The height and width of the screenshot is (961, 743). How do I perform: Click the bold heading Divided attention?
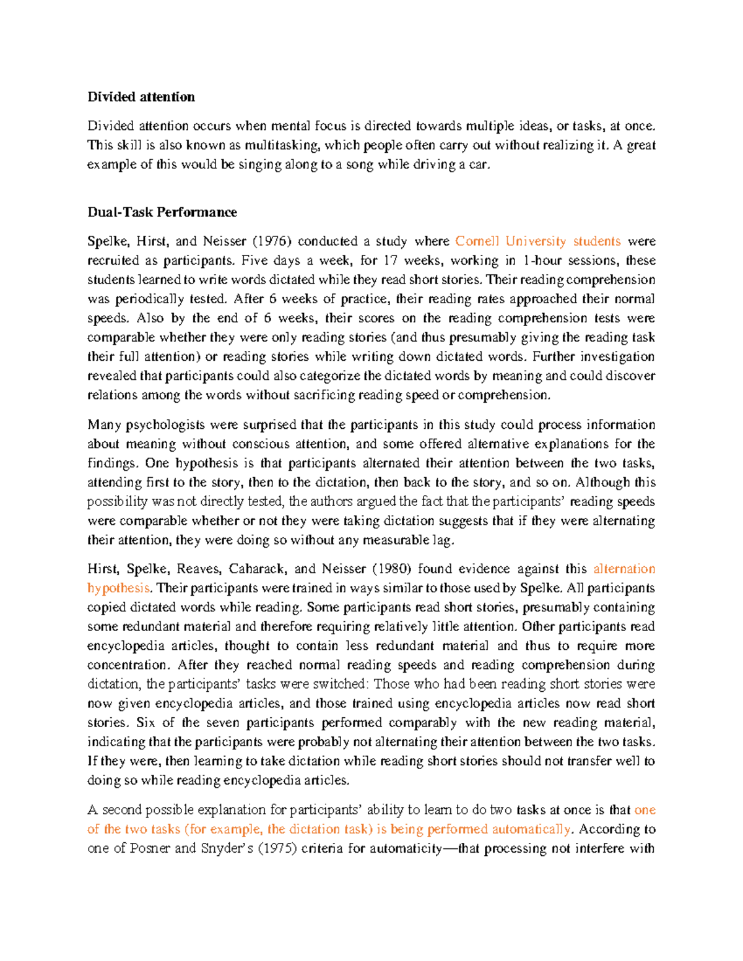click(141, 97)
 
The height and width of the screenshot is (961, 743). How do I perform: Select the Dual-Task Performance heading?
click(162, 212)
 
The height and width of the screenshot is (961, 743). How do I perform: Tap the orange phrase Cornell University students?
click(537, 241)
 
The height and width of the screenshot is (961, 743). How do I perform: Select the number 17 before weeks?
click(391, 260)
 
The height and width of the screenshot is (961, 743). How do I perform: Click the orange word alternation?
click(624, 569)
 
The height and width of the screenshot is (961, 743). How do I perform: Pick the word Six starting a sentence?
click(146, 723)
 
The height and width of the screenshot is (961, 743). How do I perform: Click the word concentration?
click(128, 665)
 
